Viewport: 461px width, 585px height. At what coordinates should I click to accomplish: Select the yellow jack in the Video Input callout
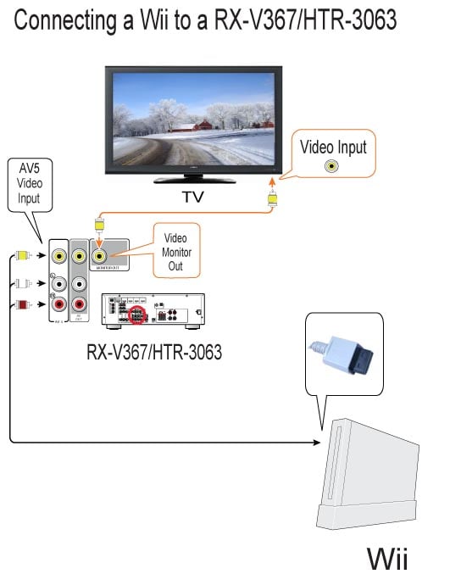329,165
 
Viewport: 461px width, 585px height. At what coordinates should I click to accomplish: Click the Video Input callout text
334,147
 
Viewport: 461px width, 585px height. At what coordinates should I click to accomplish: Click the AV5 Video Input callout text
30,183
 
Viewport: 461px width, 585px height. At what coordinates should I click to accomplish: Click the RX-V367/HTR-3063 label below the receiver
154,352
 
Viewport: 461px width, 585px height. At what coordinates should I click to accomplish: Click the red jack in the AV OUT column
79,304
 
